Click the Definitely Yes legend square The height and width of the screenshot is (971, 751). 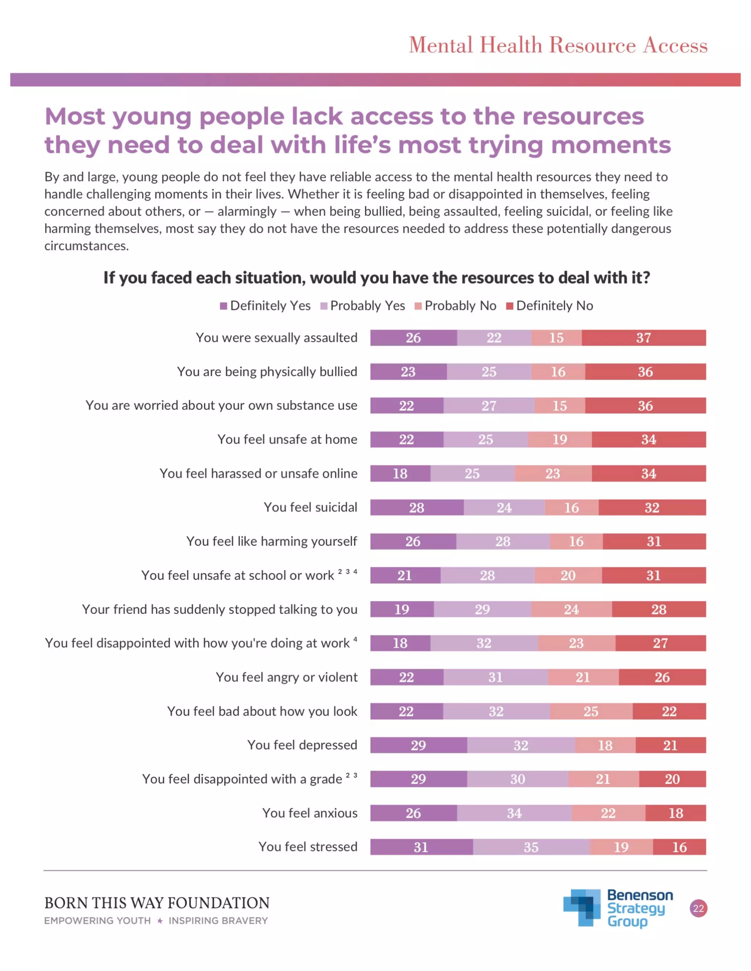click(223, 306)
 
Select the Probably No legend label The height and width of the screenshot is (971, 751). click(460, 306)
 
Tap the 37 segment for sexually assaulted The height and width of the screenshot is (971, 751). click(643, 338)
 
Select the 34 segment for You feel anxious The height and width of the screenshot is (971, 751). click(514, 813)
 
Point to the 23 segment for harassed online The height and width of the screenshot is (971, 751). click(553, 473)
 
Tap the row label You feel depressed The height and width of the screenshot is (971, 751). click(302, 745)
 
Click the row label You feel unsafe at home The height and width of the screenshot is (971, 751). click(287, 439)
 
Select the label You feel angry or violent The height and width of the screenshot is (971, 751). click(286, 677)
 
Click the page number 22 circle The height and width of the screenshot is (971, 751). click(699, 908)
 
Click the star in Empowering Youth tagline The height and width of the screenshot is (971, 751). click(160, 921)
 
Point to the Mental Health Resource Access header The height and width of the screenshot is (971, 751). click(558, 45)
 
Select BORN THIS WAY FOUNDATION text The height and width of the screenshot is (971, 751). click(157, 903)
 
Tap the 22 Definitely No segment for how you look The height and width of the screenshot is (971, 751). click(669, 711)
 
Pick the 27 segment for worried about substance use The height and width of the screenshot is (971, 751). click(488, 406)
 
